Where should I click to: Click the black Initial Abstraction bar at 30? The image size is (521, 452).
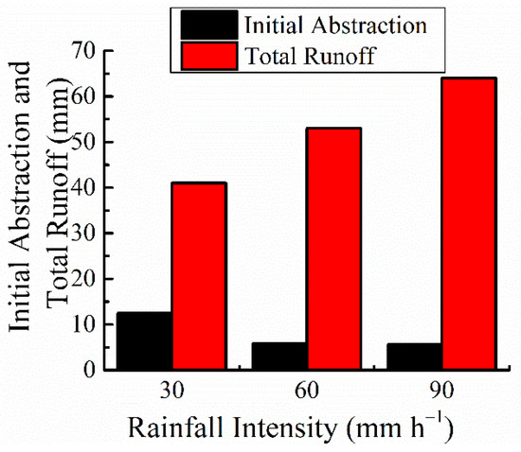click(x=145, y=340)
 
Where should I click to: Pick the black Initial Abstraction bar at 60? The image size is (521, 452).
click(x=279, y=356)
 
